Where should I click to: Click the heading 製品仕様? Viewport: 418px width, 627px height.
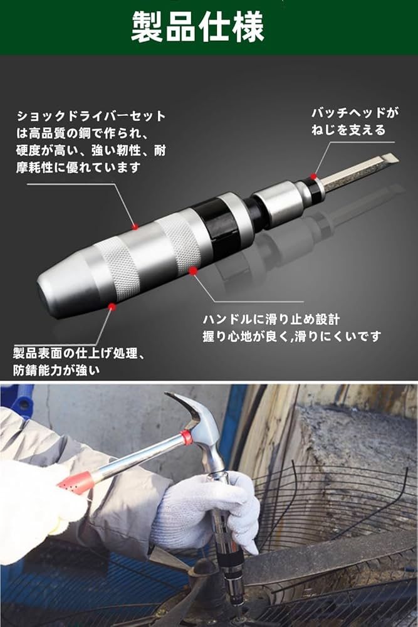pyautogui.click(x=198, y=27)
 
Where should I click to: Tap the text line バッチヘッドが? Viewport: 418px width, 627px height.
pyautogui.click(x=355, y=113)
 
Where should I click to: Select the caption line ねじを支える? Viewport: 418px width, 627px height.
pyautogui.click(x=348, y=130)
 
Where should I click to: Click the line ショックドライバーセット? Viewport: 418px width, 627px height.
pyautogui.click(x=91, y=117)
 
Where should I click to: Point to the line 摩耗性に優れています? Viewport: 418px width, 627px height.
pyautogui.click(x=78, y=167)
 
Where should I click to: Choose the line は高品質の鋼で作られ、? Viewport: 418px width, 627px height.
pyautogui.click(x=83, y=133)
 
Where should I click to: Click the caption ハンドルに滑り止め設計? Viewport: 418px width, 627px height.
pyautogui.click(x=271, y=319)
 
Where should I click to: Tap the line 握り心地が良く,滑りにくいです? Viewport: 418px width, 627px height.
pyautogui.click(x=291, y=336)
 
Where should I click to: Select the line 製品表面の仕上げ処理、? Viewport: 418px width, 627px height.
pyautogui.click(x=79, y=354)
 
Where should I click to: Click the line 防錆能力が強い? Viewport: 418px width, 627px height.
pyautogui.click(x=56, y=371)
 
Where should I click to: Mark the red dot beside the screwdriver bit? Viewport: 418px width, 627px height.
pyautogui.click(x=314, y=176)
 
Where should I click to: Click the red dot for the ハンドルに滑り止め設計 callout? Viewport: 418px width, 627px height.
pyautogui.click(x=193, y=271)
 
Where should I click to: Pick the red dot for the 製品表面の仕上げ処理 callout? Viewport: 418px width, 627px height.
pyautogui.click(x=112, y=307)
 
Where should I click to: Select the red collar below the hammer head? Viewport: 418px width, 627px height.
pyautogui.click(x=186, y=437)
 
